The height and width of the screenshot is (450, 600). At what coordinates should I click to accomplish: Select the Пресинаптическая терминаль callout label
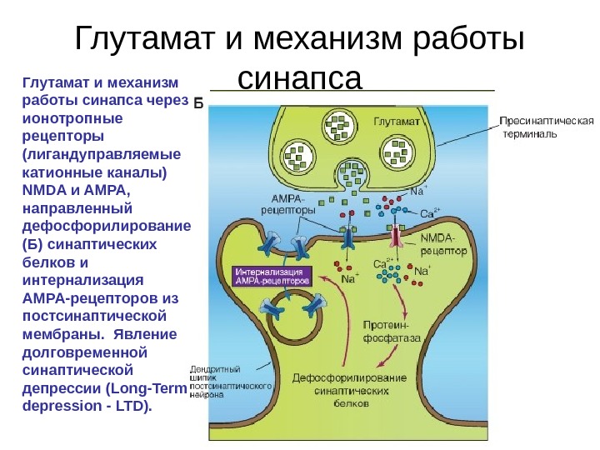[546, 127]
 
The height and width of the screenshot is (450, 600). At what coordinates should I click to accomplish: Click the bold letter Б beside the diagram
[198, 104]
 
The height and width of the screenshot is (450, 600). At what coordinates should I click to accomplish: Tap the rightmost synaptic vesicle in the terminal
[396, 154]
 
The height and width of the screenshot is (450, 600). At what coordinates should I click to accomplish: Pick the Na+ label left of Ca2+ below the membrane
[349, 279]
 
